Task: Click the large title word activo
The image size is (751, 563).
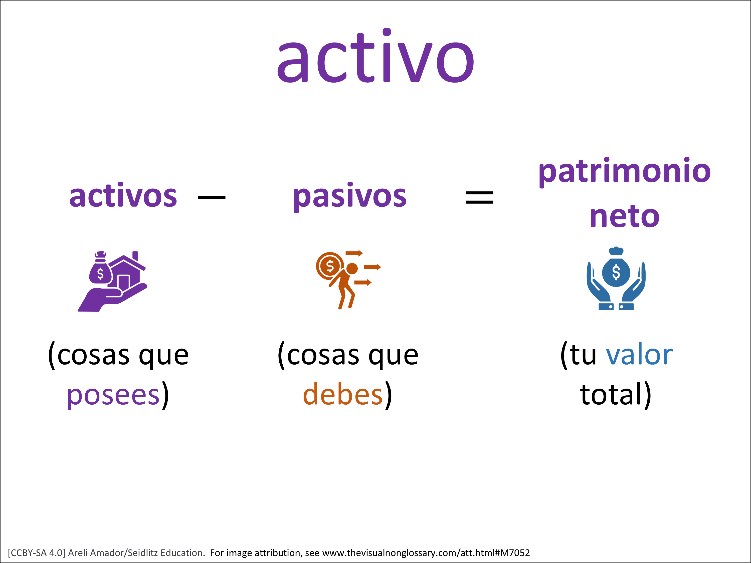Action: tap(375, 56)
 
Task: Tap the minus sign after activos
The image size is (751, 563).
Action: tap(212, 197)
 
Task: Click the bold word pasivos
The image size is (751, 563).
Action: tap(350, 197)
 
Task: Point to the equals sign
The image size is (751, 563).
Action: tap(479, 197)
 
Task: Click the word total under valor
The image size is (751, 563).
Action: tap(611, 394)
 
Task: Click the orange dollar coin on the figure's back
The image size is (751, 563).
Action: tap(330, 266)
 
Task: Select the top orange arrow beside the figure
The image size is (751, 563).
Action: tap(354, 253)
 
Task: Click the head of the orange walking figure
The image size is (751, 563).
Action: tap(352, 268)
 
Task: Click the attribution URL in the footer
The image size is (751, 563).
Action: tap(426, 553)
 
